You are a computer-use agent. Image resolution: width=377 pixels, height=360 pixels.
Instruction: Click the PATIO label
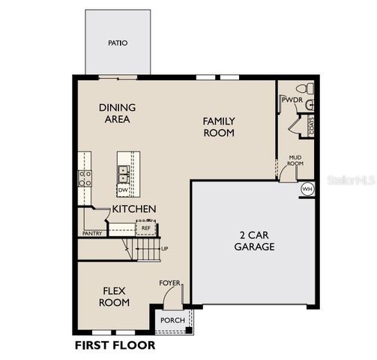pos(118,43)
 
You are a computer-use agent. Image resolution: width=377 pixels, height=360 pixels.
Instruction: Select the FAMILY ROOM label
pos(219,127)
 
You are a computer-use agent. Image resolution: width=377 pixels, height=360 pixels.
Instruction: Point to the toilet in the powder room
pos(309,104)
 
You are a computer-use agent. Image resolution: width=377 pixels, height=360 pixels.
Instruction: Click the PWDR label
pos(291,99)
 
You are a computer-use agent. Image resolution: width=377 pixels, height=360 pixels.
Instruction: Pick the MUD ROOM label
pos(295,160)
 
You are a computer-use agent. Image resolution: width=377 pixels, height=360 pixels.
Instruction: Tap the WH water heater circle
pos(307,190)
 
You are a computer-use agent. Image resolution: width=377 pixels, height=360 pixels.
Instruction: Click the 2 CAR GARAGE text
pos(254,240)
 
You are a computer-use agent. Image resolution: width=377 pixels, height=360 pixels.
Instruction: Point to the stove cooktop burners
pos(85,178)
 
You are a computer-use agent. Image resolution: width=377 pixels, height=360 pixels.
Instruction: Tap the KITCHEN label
pos(134,208)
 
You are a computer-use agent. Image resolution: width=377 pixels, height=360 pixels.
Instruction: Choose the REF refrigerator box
pos(146,227)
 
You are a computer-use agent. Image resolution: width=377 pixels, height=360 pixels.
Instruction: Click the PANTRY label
pos(91,233)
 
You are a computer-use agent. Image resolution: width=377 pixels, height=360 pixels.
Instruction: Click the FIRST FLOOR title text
pos(115,345)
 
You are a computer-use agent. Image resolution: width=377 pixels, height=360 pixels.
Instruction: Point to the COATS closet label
pos(312,127)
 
